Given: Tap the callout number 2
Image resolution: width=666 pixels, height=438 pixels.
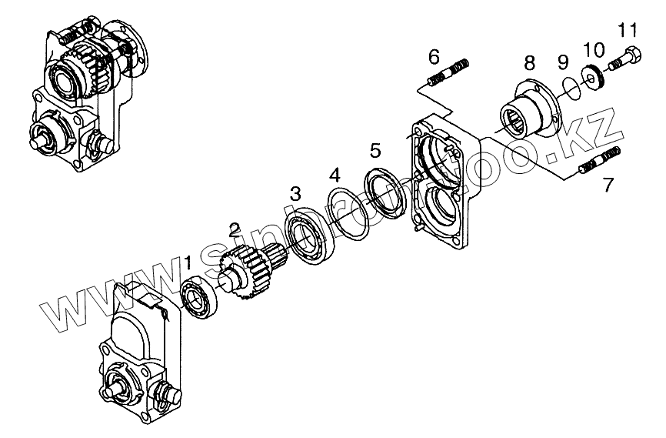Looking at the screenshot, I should coord(234,229).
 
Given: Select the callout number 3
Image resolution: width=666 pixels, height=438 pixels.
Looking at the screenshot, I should coord(295,192).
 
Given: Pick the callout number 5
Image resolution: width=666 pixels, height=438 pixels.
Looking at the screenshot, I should coord(375,149).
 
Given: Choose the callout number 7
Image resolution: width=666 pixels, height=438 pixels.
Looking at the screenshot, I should coord(608,184).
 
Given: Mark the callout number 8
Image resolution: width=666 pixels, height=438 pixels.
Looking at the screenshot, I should coord(529,61).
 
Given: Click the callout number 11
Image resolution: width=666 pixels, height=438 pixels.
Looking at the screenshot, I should coord(628,31).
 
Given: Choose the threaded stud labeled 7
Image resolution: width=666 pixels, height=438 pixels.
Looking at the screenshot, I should coord(599,162).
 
